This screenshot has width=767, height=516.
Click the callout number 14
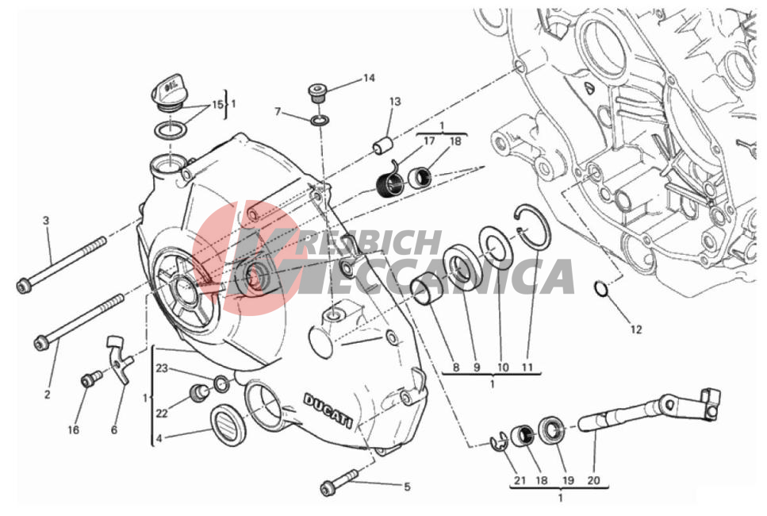click(x=369, y=78)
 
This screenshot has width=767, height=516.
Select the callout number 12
click(x=636, y=329)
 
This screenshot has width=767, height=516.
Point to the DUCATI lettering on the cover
click(x=328, y=411)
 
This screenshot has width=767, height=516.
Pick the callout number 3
click(x=46, y=221)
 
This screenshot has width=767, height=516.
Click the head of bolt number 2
click(x=40, y=343)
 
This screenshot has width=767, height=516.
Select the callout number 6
click(x=114, y=429)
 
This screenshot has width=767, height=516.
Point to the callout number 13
click(x=395, y=102)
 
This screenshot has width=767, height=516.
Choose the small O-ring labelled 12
click(x=600, y=289)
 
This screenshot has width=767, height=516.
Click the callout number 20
click(x=593, y=480)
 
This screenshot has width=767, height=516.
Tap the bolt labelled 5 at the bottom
click(x=339, y=482)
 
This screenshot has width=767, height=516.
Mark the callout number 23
click(x=162, y=368)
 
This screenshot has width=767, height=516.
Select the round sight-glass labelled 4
click(x=228, y=425)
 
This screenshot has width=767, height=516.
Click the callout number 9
click(x=477, y=368)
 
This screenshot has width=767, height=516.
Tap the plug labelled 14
click(x=316, y=93)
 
